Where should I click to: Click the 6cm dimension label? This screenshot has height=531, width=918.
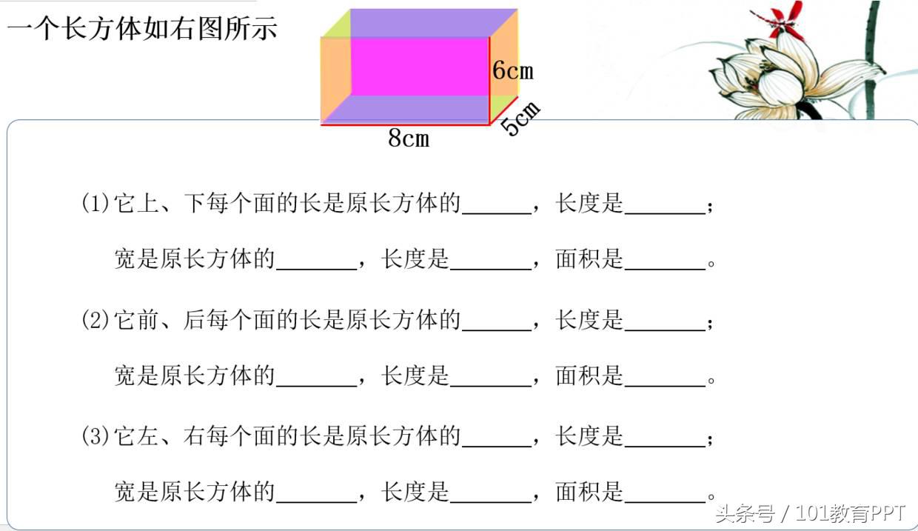pyautogui.click(x=513, y=70)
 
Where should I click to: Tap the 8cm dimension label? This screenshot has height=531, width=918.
pyautogui.click(x=409, y=138)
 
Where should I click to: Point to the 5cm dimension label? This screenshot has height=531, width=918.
pyautogui.click(x=520, y=118)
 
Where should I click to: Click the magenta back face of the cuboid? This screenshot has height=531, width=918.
pyautogui.click(x=420, y=67)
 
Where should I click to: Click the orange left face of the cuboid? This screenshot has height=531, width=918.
pyautogui.click(x=335, y=78)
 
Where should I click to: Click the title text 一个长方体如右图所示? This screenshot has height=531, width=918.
pyautogui.click(x=143, y=29)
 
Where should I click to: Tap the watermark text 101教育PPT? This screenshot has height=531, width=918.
pyautogui.click(x=850, y=513)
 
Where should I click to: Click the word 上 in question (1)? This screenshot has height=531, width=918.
pyautogui.click(x=148, y=204)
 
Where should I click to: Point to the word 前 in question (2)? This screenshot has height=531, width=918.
pyautogui.click(x=148, y=320)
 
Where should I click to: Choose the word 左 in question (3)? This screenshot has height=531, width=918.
pyautogui.click(x=148, y=436)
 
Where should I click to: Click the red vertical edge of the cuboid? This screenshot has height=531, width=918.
pyautogui.click(x=489, y=81)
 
